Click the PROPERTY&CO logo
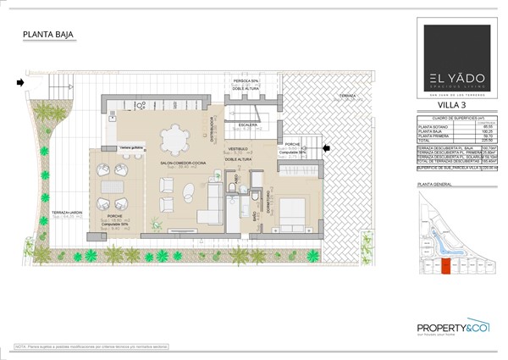click(x=455, y=330)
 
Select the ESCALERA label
click(x=247, y=125)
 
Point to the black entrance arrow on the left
click(x=19, y=82)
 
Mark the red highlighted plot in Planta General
click(x=445, y=268)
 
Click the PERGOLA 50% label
click(x=246, y=80)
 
